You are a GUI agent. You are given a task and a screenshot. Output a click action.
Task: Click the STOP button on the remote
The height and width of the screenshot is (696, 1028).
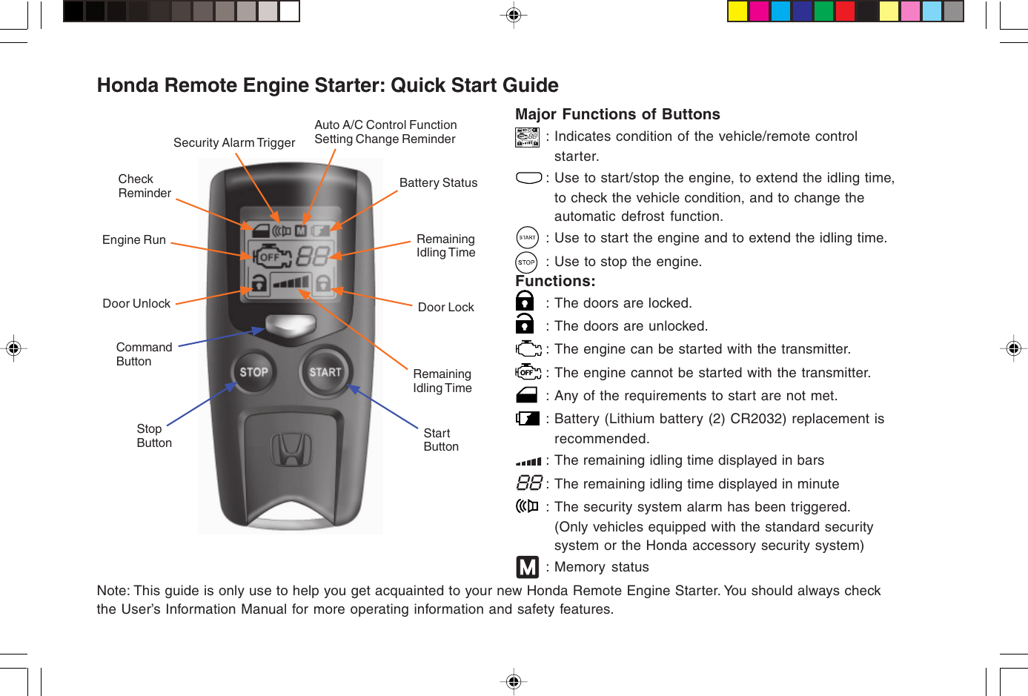pos(253,372)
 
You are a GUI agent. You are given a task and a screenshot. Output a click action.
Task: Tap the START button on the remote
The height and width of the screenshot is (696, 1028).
pos(325,372)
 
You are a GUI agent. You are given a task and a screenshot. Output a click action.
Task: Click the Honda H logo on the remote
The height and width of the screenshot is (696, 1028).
pos(291,451)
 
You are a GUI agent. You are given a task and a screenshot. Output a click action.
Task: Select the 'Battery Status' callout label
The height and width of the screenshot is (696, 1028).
pos(438,183)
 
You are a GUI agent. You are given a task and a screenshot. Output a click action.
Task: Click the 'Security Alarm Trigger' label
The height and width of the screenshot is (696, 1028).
pos(234,143)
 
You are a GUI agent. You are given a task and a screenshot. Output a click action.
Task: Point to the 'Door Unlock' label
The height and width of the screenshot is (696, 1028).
pos(136,304)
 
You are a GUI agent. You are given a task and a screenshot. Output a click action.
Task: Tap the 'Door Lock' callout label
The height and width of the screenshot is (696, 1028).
pos(445,308)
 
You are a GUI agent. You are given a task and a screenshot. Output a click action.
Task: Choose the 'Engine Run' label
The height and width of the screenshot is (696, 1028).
pos(134,240)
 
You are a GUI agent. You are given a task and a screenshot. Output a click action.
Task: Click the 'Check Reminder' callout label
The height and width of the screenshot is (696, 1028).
pos(145,186)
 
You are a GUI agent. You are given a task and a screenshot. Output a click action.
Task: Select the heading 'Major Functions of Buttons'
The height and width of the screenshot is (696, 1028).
pos(617,114)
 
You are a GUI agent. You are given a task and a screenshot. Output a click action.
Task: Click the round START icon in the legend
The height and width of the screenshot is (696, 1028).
pos(527,238)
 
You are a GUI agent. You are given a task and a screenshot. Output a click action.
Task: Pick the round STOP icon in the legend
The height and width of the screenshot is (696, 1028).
pos(526,262)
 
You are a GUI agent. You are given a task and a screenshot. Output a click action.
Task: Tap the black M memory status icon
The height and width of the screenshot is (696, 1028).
pos(527,567)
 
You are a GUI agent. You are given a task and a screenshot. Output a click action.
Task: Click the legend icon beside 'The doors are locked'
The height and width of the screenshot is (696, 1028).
pos(525,301)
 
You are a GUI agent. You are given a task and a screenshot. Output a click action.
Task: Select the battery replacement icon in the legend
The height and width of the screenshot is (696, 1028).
pos(528,419)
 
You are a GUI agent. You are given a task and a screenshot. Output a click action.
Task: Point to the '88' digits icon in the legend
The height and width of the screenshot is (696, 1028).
pos(529,483)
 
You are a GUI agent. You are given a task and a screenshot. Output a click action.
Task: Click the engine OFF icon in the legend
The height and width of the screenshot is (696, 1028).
pos(528,372)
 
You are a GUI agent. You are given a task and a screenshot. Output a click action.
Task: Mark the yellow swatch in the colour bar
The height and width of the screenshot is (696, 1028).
pos(737,11)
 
